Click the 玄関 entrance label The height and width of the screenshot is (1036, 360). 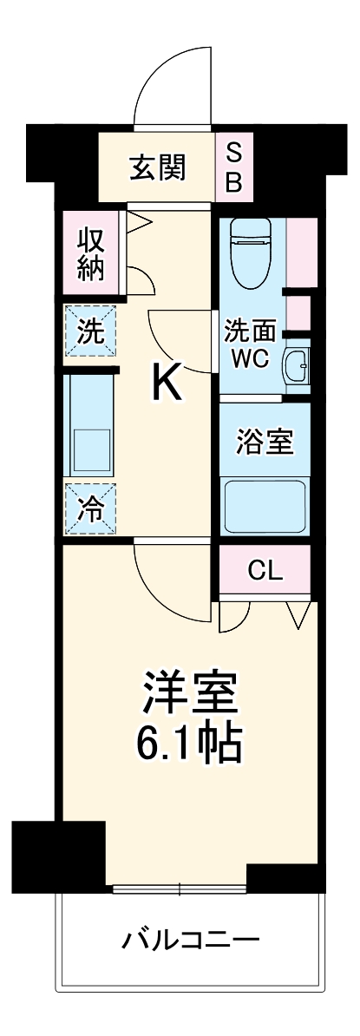point(158,167)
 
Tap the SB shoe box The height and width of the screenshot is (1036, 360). point(235,167)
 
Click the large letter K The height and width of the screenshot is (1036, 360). point(167,383)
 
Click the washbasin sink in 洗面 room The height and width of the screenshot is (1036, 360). point(296,367)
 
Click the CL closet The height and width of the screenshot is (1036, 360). point(265,570)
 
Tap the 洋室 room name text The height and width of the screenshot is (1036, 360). point(189,692)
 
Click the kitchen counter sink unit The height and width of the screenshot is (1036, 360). point(90,425)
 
